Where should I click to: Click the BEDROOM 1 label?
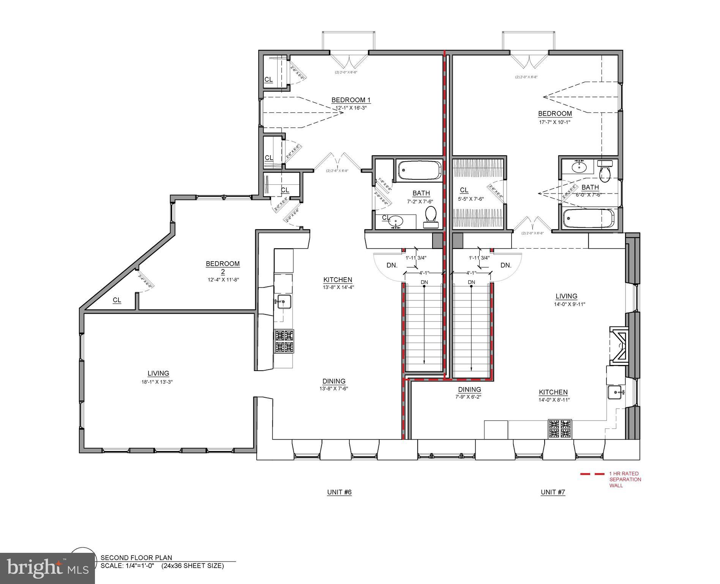pyautogui.click(x=351, y=100)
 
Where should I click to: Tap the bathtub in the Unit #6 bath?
pyautogui.click(x=420, y=170)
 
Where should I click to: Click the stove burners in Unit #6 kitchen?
pyautogui.click(x=284, y=342)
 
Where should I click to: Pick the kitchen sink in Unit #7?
pyautogui.click(x=615, y=392)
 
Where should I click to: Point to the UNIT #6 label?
pyautogui.click(x=339, y=492)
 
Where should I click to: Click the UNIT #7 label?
pyautogui.click(x=553, y=492)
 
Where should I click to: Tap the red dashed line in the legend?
pyautogui.click(x=592, y=474)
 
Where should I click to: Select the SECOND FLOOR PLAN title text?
pyautogui.click(x=136, y=558)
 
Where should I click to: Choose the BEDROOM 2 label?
pyautogui.click(x=223, y=267)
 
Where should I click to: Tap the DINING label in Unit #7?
pyautogui.click(x=469, y=389)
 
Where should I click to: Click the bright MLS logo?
pyautogui.click(x=47, y=568)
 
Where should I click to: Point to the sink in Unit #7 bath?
pyautogui.click(x=579, y=167)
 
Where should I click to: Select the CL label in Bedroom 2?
pyautogui.click(x=117, y=300)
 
